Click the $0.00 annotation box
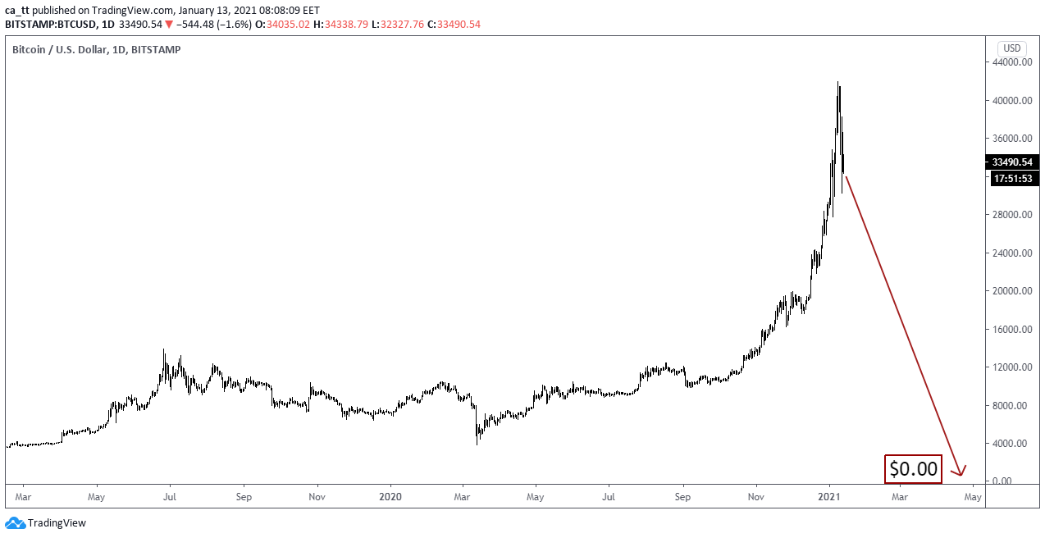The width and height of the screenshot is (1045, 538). coord(912,468)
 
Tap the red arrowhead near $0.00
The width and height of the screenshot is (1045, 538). coord(960,472)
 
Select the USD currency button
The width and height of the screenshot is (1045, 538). coord(1011,48)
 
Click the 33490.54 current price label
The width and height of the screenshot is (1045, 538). coord(1015,162)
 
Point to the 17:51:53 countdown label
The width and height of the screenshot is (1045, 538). coord(1015,178)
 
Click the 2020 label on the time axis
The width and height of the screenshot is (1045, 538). coord(390,497)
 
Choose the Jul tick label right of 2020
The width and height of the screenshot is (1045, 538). coord(609,497)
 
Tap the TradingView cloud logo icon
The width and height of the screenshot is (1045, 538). coord(15,522)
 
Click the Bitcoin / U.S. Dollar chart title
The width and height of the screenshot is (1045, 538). coord(96,49)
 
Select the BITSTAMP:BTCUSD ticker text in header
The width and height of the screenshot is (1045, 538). coord(50,24)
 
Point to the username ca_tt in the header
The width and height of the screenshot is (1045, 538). coord(18,10)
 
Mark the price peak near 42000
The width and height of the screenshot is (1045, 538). coord(837,82)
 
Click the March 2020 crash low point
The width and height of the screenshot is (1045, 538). coord(477,444)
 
